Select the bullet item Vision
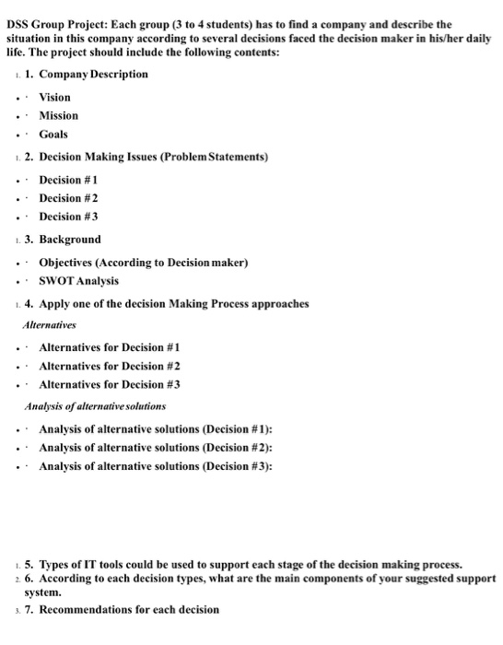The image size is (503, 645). tap(54, 97)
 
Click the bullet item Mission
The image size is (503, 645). tap(58, 115)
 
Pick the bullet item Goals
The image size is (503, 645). tap(53, 135)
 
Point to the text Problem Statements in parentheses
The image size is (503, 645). tap(215, 157)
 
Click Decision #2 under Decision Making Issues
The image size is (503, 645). tap(68, 198)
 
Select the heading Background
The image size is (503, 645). tap(70, 240)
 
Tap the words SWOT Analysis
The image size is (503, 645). tap(78, 280)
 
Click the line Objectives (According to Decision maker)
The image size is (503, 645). tap(143, 263)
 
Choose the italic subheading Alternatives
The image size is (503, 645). tap(51, 324)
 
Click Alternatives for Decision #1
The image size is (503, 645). tap(109, 346)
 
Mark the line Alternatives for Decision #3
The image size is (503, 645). tap(109, 383)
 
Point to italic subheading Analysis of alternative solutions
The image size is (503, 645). tap(95, 405)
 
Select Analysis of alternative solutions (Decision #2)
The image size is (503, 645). tap(155, 447)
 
